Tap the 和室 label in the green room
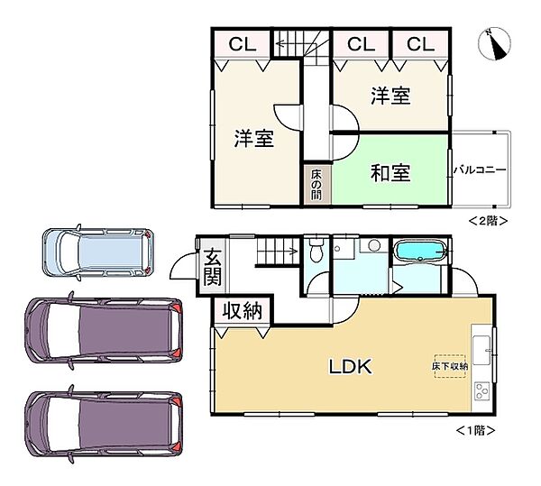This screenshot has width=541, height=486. click(x=390, y=171)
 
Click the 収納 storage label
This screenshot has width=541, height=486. click(x=242, y=312)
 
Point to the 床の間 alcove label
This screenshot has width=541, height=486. click(x=316, y=183)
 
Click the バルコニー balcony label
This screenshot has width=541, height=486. click(x=480, y=169)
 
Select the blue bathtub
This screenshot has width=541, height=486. click(x=420, y=252)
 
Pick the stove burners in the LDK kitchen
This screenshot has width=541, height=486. click(x=481, y=391)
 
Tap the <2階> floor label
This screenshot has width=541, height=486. click(x=488, y=219)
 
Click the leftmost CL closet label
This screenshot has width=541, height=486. click(x=242, y=43)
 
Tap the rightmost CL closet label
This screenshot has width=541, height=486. click(x=419, y=43)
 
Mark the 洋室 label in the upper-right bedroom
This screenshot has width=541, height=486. click(x=390, y=96)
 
